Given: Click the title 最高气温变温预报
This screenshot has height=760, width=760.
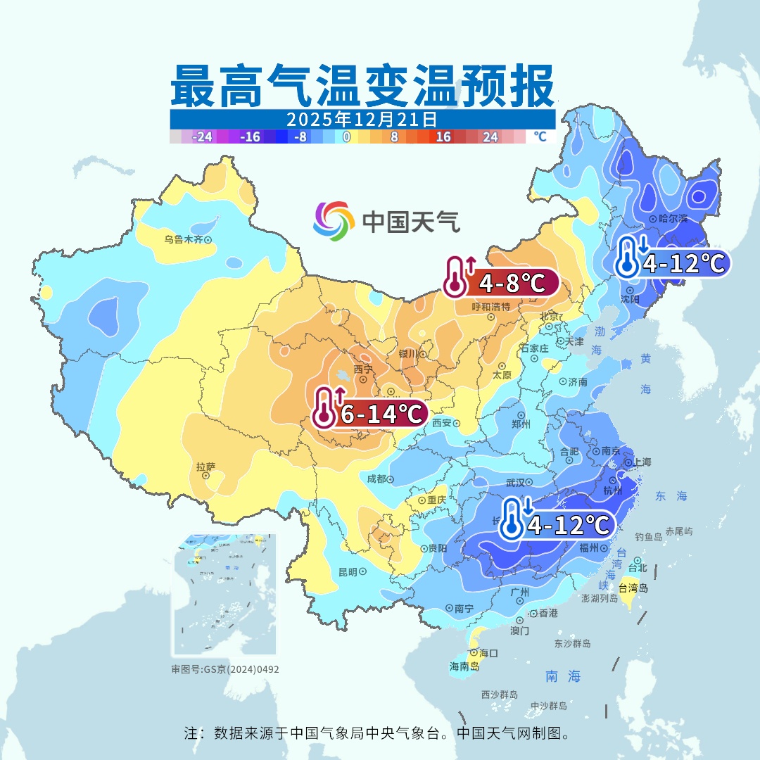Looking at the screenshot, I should (x=362, y=87).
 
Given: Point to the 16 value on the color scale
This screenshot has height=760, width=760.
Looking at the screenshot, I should (x=443, y=137).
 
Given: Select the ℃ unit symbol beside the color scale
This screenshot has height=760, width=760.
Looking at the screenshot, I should (x=540, y=137).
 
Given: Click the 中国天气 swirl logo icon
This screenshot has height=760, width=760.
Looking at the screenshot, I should (x=334, y=220).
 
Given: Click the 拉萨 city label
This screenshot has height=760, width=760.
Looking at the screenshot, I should (x=205, y=467).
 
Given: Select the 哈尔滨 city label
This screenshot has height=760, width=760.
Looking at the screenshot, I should (x=672, y=219).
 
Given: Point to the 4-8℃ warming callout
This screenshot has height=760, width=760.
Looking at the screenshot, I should (x=501, y=283).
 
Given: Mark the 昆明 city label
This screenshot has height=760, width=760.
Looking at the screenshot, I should (x=348, y=571).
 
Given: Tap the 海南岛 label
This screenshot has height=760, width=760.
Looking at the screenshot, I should (x=464, y=666).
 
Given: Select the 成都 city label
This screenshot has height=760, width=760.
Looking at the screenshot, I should (x=376, y=479).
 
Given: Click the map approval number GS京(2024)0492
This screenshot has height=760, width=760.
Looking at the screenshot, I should (x=225, y=669).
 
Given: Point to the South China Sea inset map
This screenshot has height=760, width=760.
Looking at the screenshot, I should (x=224, y=595).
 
